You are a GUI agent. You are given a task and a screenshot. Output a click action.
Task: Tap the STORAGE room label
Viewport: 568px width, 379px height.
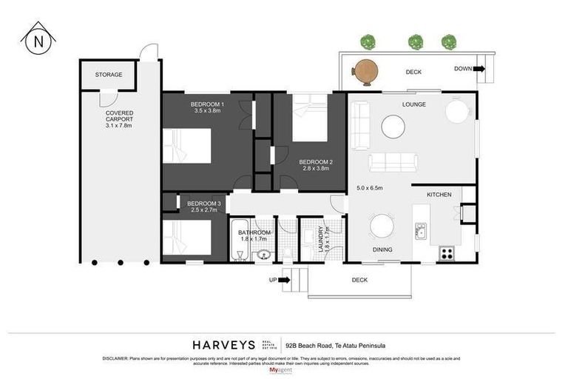109,75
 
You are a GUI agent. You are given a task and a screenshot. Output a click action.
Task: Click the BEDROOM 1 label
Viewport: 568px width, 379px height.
207,108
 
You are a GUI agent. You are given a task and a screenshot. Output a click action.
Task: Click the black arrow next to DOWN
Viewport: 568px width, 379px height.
479,69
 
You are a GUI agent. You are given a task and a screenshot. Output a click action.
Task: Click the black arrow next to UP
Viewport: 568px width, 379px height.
284,281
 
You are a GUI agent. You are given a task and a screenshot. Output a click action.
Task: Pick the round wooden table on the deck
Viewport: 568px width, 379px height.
365,70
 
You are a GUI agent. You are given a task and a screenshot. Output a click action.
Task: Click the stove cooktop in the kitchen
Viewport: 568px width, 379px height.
447,253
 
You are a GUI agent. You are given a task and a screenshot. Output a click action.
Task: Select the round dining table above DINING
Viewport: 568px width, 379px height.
382,226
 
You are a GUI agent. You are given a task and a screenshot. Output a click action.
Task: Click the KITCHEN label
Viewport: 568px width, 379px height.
439,194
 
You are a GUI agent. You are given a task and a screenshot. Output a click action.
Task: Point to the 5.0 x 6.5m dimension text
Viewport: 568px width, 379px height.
369,188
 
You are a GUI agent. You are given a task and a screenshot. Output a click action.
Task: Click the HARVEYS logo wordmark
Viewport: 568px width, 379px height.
224,344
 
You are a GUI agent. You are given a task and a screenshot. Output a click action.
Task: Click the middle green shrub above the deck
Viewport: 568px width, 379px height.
414,41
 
